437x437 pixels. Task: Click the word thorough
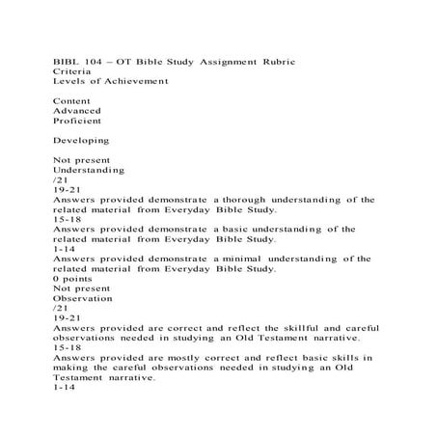[x=251, y=200]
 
